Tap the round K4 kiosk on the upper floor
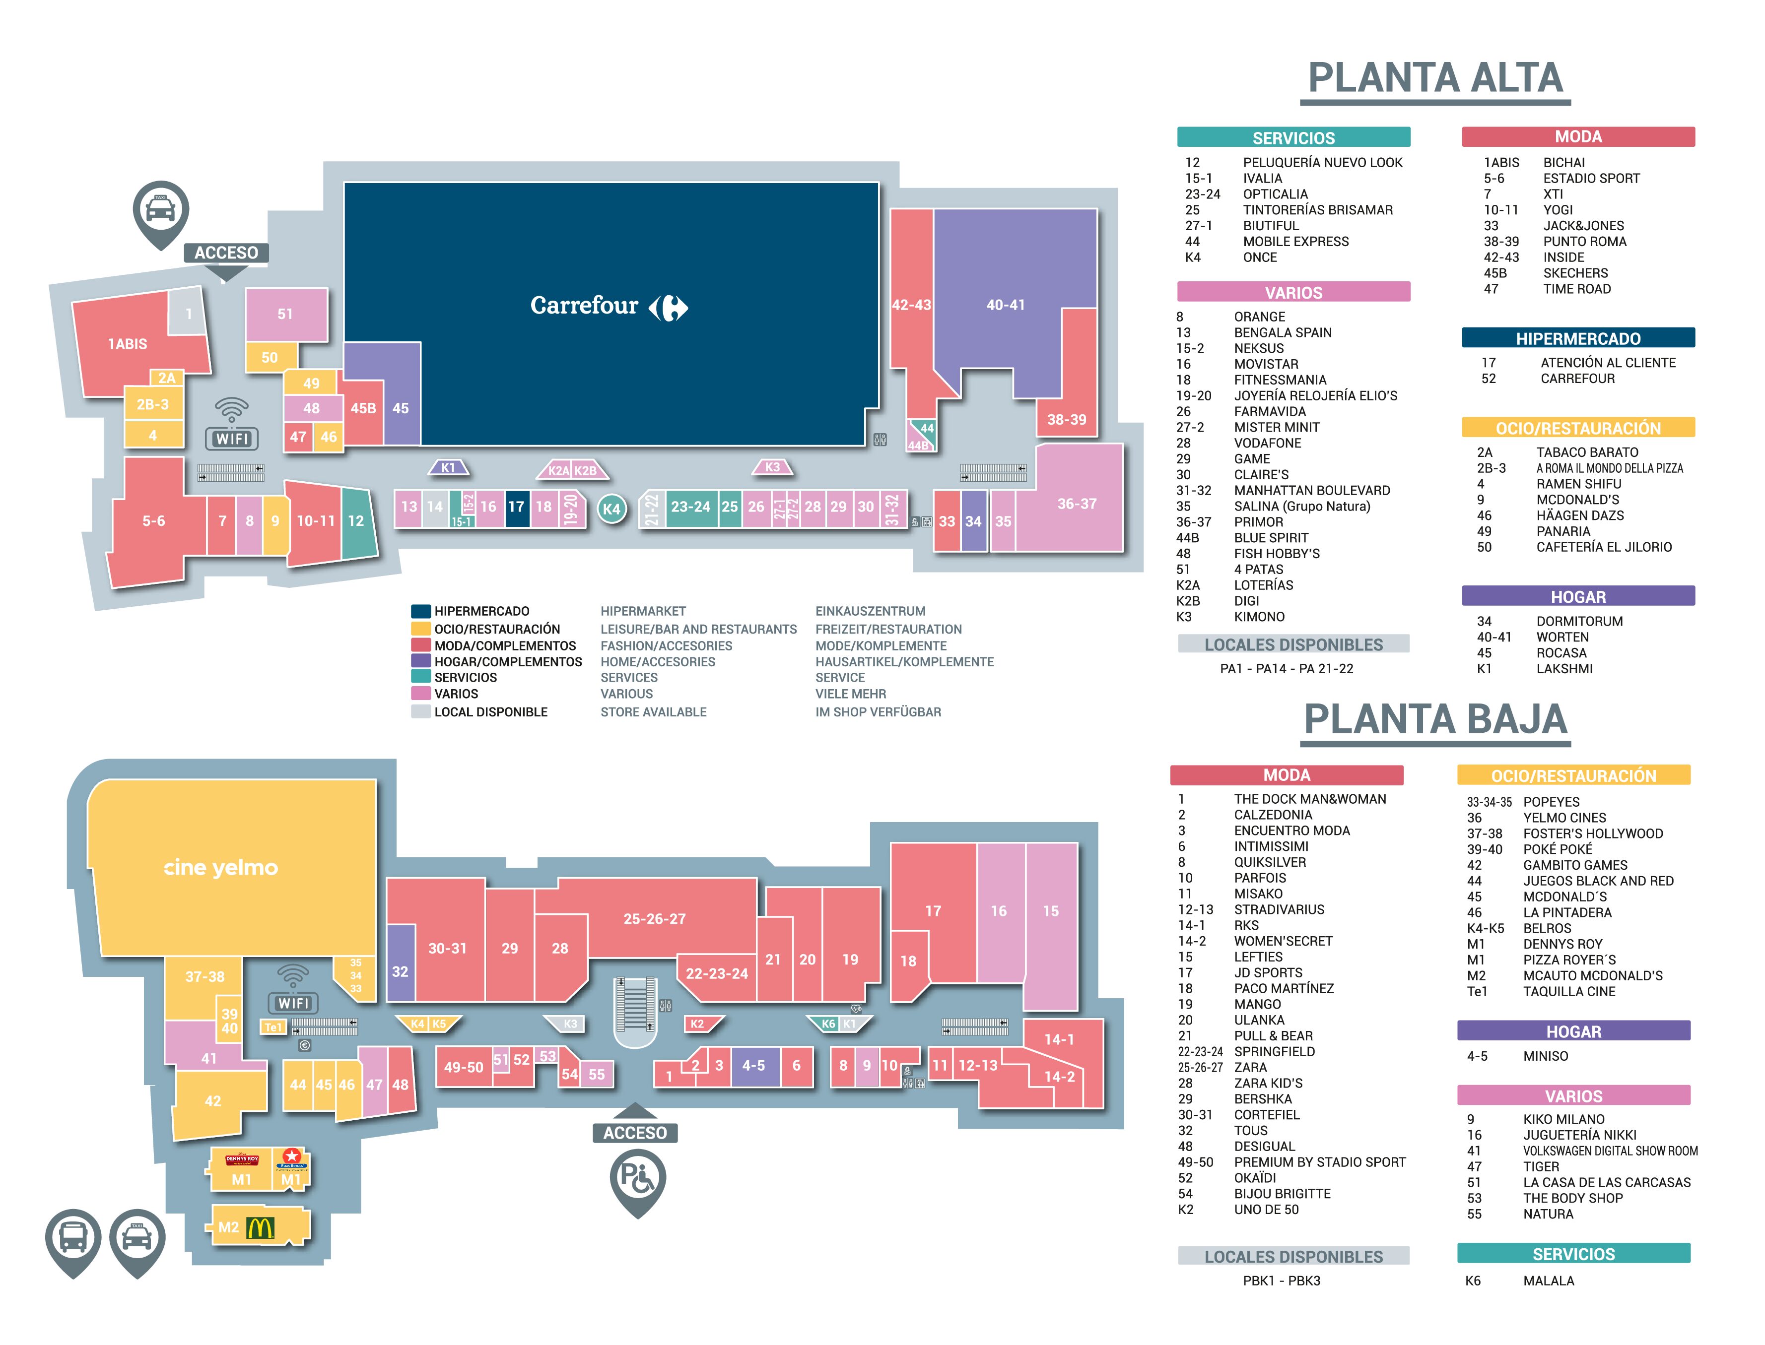(612, 509)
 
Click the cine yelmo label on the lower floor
(220, 867)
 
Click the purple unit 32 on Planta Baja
(401, 962)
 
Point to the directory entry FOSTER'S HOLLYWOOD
(1593, 833)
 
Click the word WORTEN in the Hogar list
(1562, 637)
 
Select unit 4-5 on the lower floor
(753, 1066)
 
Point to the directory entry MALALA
(1548, 1280)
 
